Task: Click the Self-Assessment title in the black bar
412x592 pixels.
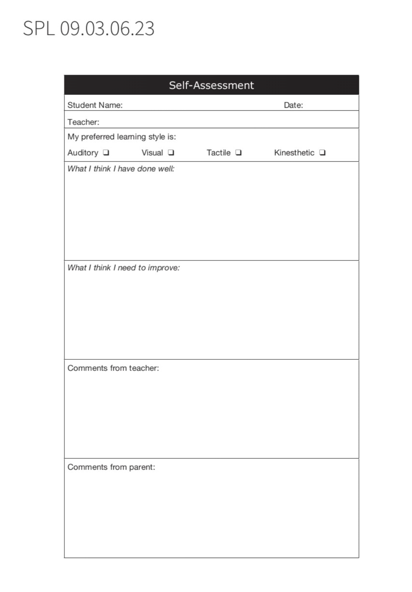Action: pyautogui.click(x=211, y=85)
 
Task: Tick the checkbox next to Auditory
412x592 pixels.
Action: pyautogui.click(x=106, y=152)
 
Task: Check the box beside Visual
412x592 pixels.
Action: pyautogui.click(x=171, y=152)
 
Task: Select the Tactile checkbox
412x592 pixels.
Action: pyautogui.click(x=238, y=152)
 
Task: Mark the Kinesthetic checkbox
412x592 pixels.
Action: pyautogui.click(x=322, y=152)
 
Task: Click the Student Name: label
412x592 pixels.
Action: pyautogui.click(x=95, y=105)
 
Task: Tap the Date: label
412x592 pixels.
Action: pyautogui.click(x=293, y=105)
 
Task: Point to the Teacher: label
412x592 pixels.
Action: pyautogui.click(x=83, y=122)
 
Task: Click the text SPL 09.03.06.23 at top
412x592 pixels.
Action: pyautogui.click(x=89, y=28)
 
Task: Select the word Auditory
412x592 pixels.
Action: pyautogui.click(x=83, y=153)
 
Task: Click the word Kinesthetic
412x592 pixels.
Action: pyautogui.click(x=294, y=153)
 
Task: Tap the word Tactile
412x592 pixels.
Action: pyautogui.click(x=218, y=153)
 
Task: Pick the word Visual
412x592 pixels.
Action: pyautogui.click(x=152, y=153)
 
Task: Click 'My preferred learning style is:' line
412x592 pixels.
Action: pyautogui.click(x=122, y=137)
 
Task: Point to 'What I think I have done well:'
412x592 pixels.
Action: pyautogui.click(x=121, y=169)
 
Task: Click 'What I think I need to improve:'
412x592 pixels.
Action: pyautogui.click(x=123, y=267)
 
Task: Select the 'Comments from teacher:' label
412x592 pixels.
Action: pyautogui.click(x=113, y=368)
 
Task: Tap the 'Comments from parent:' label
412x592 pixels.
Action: pyautogui.click(x=111, y=467)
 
